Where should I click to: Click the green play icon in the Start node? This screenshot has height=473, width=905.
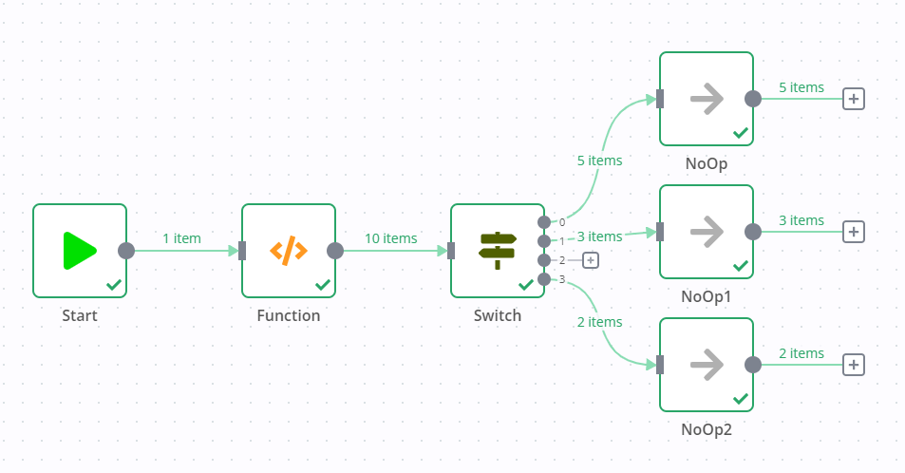80,251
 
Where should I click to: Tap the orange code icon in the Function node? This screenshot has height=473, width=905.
289,251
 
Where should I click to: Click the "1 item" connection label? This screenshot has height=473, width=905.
181,238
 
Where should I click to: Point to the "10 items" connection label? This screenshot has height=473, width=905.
390,238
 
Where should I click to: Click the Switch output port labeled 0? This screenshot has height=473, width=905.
544,222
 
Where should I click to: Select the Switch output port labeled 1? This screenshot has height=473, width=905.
544,241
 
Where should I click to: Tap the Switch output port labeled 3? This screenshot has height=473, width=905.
544,279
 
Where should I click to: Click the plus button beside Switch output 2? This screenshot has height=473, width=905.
590,260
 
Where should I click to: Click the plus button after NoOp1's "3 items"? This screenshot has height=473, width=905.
854,232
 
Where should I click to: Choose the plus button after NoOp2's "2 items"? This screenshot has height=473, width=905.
854,365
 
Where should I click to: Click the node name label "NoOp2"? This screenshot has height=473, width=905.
707,429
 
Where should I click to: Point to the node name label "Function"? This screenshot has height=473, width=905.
289,315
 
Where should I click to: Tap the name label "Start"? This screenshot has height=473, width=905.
80,315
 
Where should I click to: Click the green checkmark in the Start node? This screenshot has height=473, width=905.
114,284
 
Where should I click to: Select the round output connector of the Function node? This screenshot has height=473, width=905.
335,251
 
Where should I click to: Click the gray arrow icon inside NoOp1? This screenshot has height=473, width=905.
707,232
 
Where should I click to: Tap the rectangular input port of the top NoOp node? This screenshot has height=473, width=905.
660,99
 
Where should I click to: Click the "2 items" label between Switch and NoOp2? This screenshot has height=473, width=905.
599,322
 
